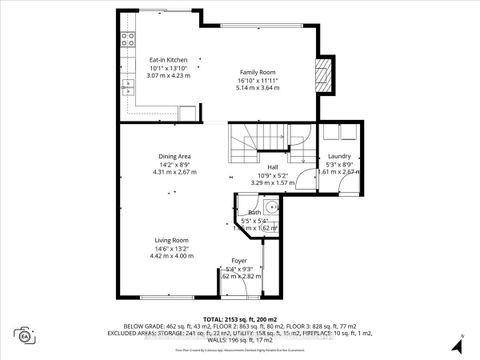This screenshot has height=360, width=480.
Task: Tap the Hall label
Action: point(272,168)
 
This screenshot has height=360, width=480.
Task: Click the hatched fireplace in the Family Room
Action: point(322,76)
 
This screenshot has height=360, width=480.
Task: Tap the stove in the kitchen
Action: point(129,41)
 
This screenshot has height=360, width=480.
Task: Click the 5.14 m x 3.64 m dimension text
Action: point(258,88)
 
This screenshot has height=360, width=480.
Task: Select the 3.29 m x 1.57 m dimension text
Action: point(272,184)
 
